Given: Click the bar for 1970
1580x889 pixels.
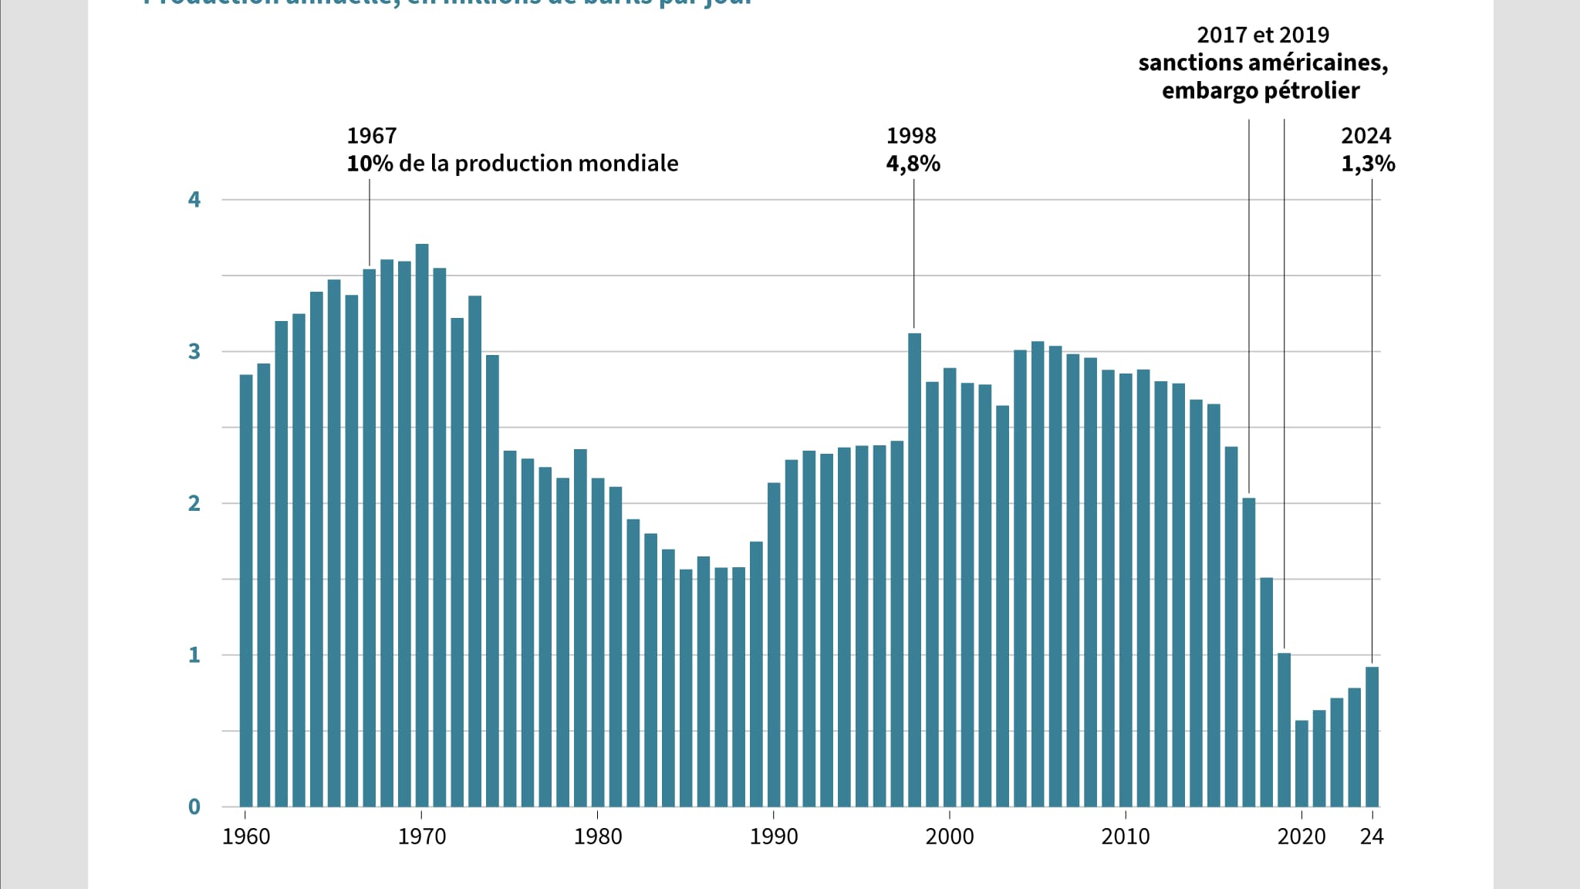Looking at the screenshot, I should click(x=422, y=525).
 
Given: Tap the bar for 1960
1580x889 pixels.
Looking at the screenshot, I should click(x=246, y=590).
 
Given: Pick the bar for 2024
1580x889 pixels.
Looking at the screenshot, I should click(x=1372, y=736).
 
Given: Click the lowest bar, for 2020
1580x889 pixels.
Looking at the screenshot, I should click(x=1301, y=763).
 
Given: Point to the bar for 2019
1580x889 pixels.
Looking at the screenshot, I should click(x=1284, y=729).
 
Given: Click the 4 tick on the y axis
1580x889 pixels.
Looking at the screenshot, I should click(x=194, y=200).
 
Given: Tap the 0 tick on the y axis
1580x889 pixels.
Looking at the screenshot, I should click(x=194, y=807).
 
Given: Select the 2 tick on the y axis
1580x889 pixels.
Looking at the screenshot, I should click(x=194, y=503).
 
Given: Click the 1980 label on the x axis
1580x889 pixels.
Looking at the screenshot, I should click(x=597, y=837).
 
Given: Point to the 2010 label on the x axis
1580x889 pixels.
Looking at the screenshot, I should click(x=1125, y=837).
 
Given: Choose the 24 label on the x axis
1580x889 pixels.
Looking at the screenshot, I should click(x=1372, y=837).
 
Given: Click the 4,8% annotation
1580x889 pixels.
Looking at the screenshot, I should click(x=913, y=164).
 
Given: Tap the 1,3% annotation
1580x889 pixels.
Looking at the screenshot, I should click(x=1368, y=164).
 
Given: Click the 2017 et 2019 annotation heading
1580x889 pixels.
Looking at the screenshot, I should click(x=1263, y=35).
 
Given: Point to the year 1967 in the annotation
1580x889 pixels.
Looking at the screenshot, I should click(x=371, y=136).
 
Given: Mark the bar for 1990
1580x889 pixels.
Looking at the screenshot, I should click(x=774, y=644).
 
